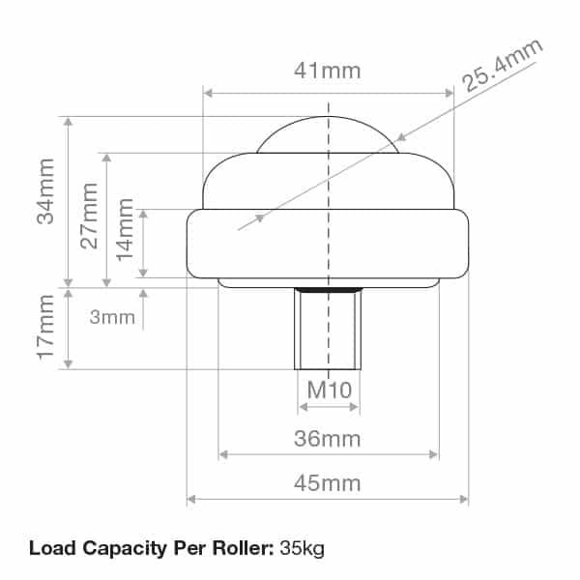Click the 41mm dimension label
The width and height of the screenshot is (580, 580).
coord(328,71)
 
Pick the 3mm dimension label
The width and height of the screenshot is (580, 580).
coord(112,317)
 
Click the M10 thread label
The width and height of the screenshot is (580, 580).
coord(328,391)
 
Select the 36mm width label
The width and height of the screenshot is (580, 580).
coord(328,439)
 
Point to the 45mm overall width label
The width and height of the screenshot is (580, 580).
coord(328,482)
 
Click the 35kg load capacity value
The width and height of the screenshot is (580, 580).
coord(302,549)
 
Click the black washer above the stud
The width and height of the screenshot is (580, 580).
coord(329,288)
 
